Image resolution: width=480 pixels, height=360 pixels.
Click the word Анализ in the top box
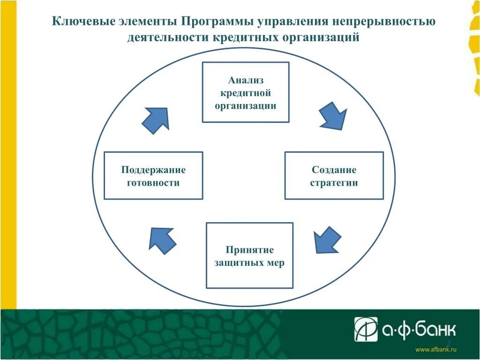pyautogui.click(x=246, y=80)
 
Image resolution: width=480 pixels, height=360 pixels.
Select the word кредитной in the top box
pyautogui.click(x=246, y=93)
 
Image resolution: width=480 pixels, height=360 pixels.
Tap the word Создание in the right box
pyautogui.click(x=334, y=170)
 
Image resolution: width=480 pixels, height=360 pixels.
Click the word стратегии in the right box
pyautogui.click(x=334, y=182)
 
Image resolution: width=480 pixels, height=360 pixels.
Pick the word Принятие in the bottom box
pyautogui.click(x=249, y=250)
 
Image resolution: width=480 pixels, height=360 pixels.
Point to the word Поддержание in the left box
pyautogui.click(x=153, y=170)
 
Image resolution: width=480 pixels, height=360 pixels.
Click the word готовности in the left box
pyautogui.click(x=153, y=182)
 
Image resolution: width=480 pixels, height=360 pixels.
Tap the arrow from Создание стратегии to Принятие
pyautogui.click(x=327, y=240)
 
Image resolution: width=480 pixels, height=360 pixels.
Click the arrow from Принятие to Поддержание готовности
pyautogui.click(x=162, y=240)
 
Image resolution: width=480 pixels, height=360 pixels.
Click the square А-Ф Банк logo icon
pyautogui.click(x=366, y=330)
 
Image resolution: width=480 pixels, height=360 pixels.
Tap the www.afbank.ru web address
pyautogui.click(x=436, y=349)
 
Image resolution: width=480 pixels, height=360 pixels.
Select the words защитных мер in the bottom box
pyautogui.click(x=249, y=263)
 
